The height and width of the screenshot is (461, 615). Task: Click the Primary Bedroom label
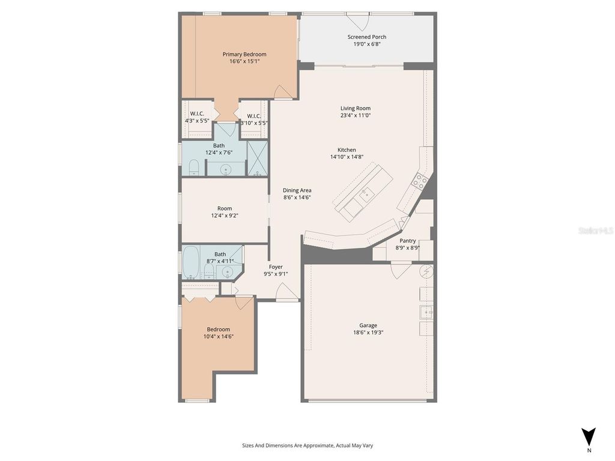coord(244,54)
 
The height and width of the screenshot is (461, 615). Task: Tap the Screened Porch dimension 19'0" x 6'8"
coord(366,44)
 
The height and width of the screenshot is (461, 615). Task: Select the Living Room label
coord(356,108)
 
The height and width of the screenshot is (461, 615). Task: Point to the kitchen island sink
coord(365,193)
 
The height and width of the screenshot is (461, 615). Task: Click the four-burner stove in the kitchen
coord(420,179)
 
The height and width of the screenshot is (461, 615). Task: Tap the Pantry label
coord(408,241)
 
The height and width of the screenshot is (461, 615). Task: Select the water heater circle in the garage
coord(426,271)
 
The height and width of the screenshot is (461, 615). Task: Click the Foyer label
coord(276,267)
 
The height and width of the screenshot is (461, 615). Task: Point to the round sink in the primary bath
coord(226,169)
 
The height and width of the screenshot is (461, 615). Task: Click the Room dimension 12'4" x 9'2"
coord(225,215)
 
